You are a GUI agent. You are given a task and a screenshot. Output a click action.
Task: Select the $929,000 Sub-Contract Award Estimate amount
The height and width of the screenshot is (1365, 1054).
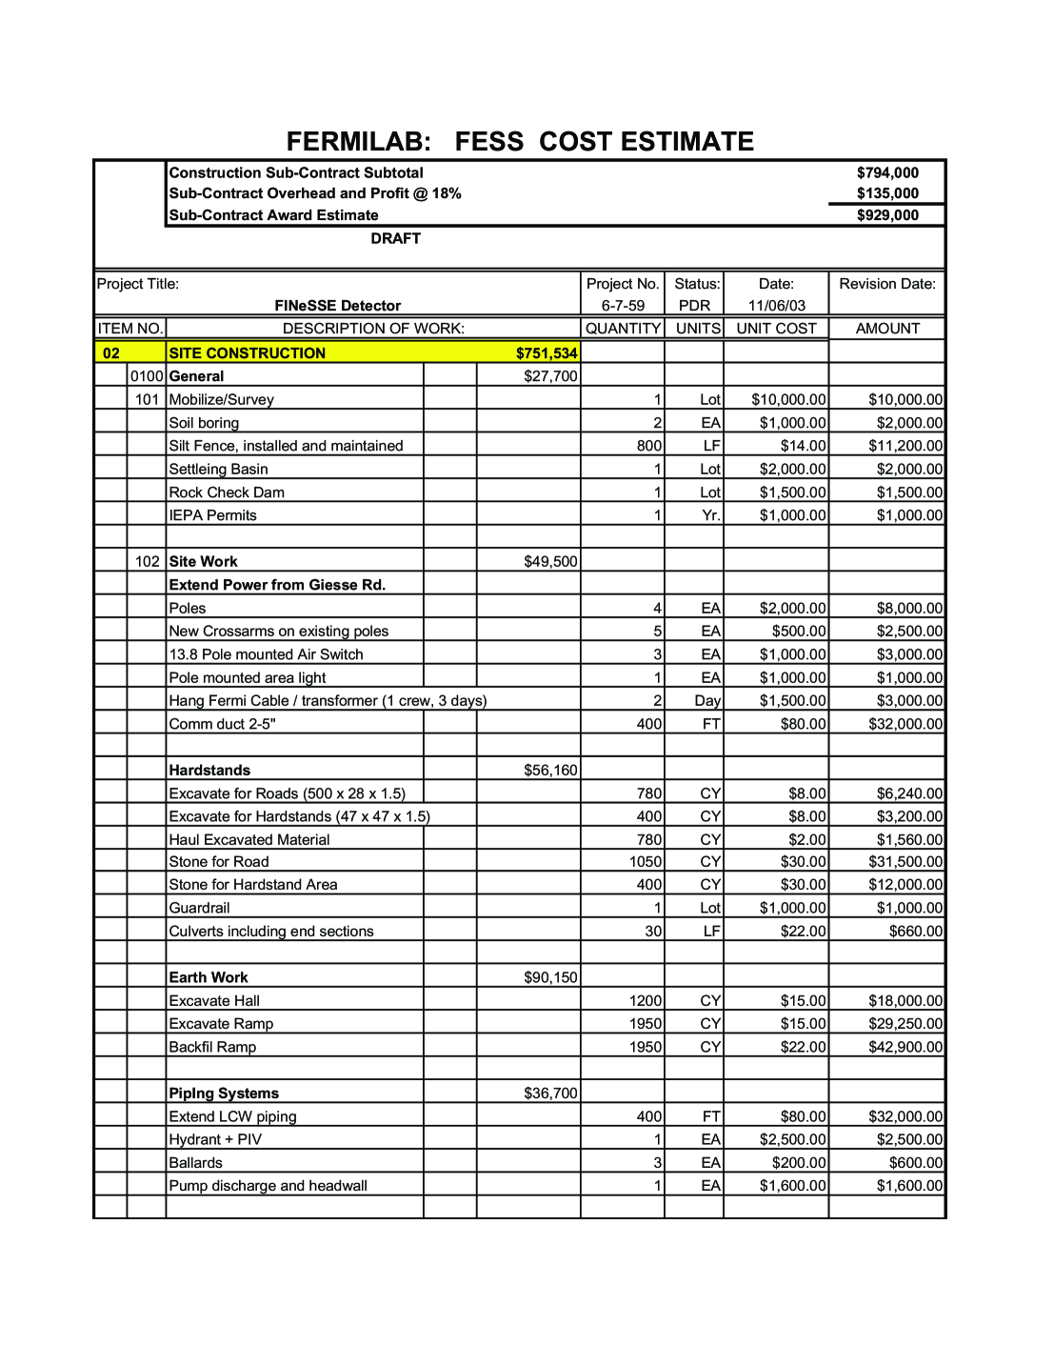click(x=887, y=215)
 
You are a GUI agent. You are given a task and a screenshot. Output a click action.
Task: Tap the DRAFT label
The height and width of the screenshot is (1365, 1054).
click(x=395, y=238)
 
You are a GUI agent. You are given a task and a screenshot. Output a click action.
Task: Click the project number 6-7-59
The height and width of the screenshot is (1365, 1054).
click(x=623, y=306)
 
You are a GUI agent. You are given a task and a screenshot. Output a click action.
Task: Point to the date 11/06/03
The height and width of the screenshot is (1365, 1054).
click(x=776, y=306)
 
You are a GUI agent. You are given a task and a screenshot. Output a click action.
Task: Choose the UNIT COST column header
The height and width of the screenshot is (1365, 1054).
click(x=776, y=329)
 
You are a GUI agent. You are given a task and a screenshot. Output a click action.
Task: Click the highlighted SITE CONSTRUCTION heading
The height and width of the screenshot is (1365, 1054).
click(x=248, y=353)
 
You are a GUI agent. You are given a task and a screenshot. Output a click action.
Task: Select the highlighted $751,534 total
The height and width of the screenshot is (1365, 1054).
click(x=547, y=353)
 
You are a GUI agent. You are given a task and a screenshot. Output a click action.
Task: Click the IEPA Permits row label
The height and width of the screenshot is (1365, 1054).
click(x=212, y=515)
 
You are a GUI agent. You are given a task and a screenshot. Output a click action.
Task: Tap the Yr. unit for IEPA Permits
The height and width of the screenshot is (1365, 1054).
click(x=710, y=515)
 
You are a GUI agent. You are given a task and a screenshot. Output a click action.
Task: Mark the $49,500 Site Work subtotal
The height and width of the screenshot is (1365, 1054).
click(x=550, y=562)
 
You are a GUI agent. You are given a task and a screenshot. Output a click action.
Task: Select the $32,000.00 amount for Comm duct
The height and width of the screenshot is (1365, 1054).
click(x=905, y=724)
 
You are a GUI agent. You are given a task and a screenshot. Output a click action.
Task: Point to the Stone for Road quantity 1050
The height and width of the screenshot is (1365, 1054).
click(x=646, y=862)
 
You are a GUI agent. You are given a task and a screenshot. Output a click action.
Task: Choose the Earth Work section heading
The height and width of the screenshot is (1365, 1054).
click(x=209, y=977)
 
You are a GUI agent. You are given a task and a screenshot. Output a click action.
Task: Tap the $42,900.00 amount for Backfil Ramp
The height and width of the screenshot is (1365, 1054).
click(x=905, y=1047)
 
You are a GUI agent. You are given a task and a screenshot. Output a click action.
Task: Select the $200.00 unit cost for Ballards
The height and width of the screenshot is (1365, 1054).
click(x=799, y=1163)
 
